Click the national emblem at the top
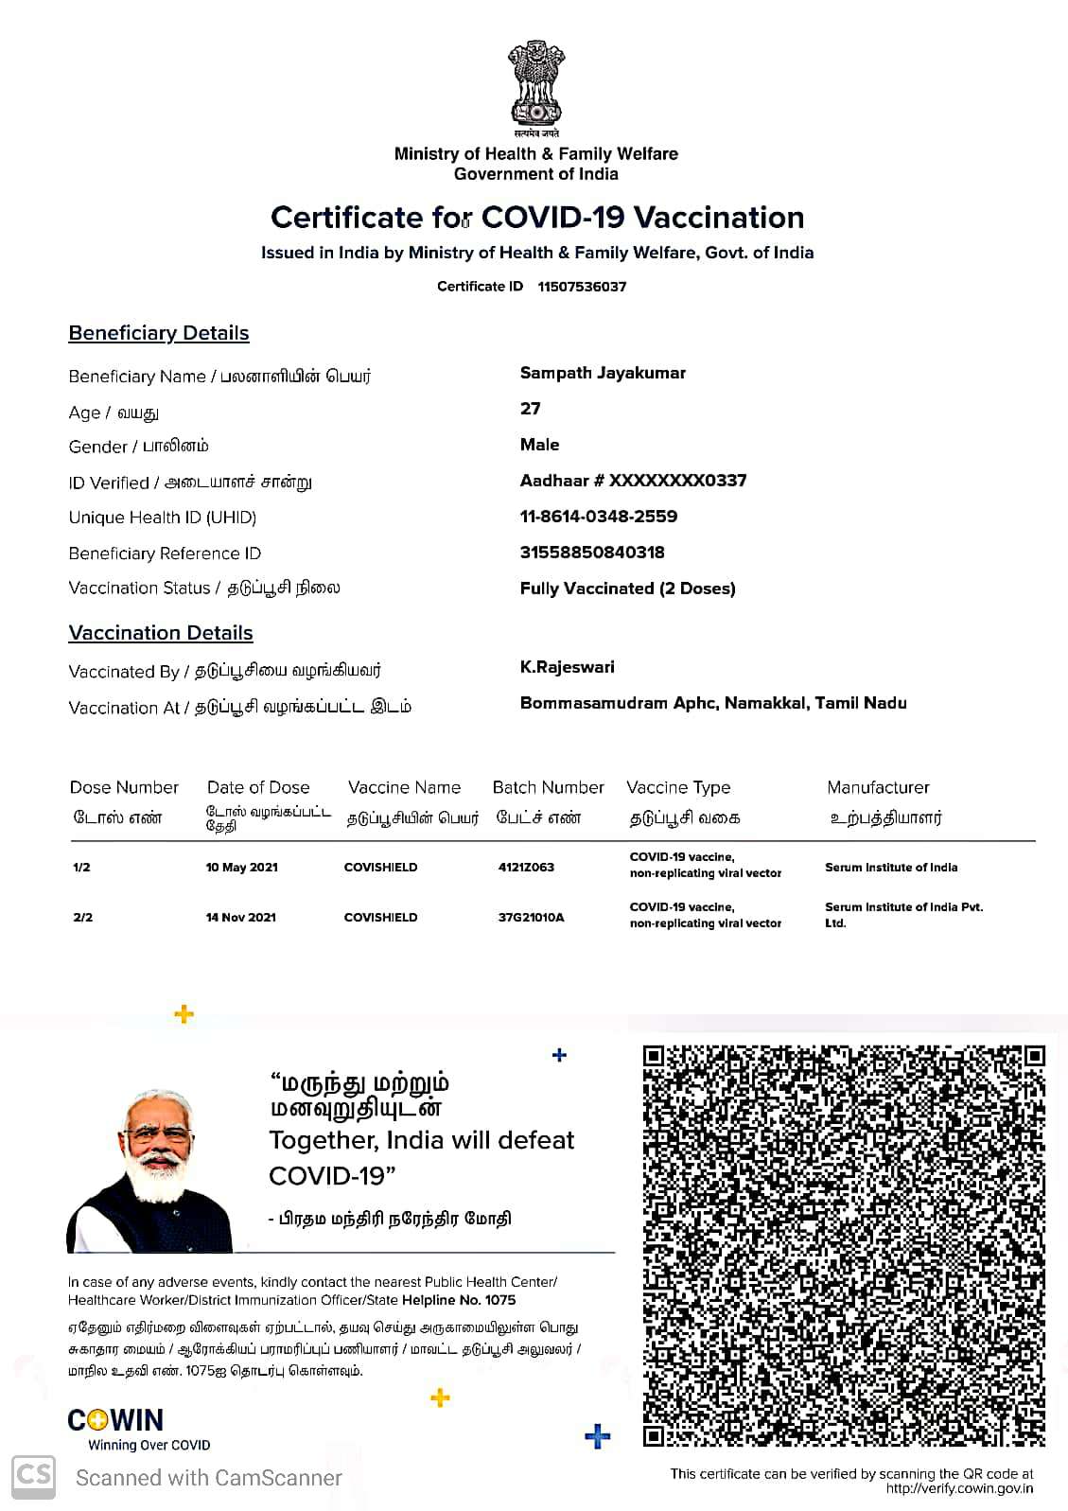[536, 86]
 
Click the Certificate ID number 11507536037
[582, 287]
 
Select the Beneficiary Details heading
[159, 333]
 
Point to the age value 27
[531, 409]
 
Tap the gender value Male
[539, 445]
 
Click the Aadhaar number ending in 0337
[633, 481]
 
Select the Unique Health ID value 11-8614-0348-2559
[598, 517]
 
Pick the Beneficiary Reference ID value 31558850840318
[592, 553]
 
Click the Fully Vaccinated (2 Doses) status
[627, 589]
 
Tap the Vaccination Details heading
[161, 633]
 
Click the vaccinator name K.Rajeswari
[568, 667]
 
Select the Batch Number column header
[548, 787]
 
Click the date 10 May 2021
[242, 868]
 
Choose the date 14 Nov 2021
[241, 918]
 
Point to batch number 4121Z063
[526, 868]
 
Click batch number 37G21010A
[531, 918]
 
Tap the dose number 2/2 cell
[82, 918]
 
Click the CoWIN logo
[116, 1420]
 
